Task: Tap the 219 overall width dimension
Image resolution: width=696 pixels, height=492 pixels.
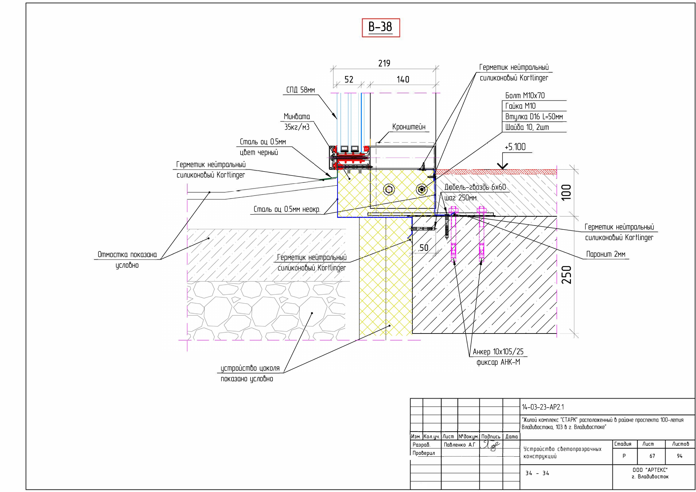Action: coord(384,63)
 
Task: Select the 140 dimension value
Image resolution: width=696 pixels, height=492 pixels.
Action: coord(403,79)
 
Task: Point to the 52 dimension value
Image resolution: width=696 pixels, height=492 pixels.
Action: coord(349,79)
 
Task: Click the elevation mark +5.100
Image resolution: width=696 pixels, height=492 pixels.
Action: coord(515,147)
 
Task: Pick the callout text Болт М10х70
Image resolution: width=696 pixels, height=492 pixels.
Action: coord(525,96)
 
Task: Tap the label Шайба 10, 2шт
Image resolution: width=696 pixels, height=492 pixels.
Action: coord(527,127)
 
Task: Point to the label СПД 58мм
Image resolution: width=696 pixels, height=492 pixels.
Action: coord(300,90)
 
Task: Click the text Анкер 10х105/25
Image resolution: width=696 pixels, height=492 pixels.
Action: coord(498,352)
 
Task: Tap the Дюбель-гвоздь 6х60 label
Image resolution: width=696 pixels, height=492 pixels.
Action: coord(475,187)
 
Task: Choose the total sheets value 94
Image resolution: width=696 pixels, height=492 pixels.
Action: coord(680,456)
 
